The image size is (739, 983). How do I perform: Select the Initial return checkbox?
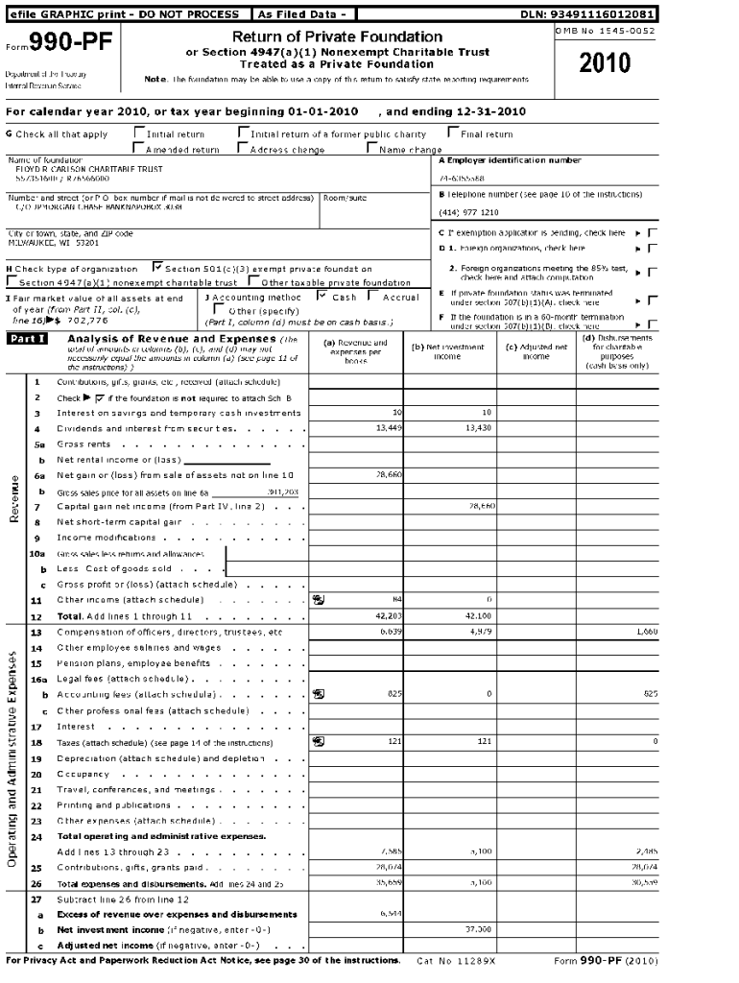(x=139, y=133)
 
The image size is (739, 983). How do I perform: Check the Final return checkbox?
(x=452, y=133)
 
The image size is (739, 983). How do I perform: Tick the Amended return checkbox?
(x=139, y=149)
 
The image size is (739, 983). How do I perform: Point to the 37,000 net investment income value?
(x=478, y=930)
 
